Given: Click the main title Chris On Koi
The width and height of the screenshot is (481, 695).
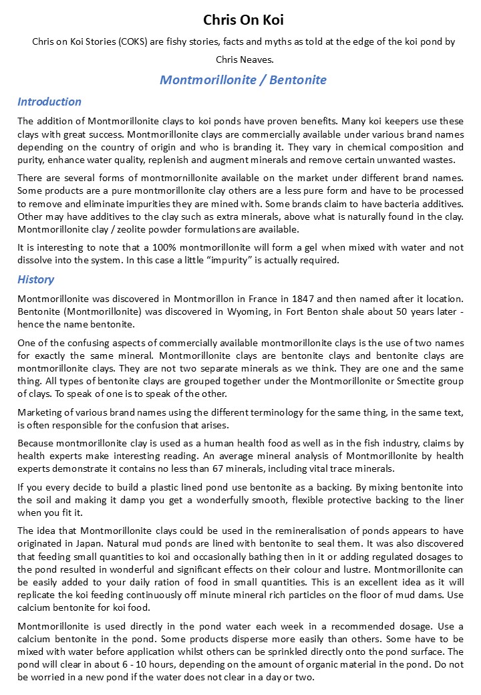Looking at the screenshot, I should click(243, 19).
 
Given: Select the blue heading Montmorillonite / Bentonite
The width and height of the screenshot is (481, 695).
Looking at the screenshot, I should click(243, 80).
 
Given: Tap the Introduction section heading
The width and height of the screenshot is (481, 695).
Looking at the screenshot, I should click(49, 102).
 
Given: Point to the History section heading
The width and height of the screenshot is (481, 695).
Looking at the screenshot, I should click(36, 279).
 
